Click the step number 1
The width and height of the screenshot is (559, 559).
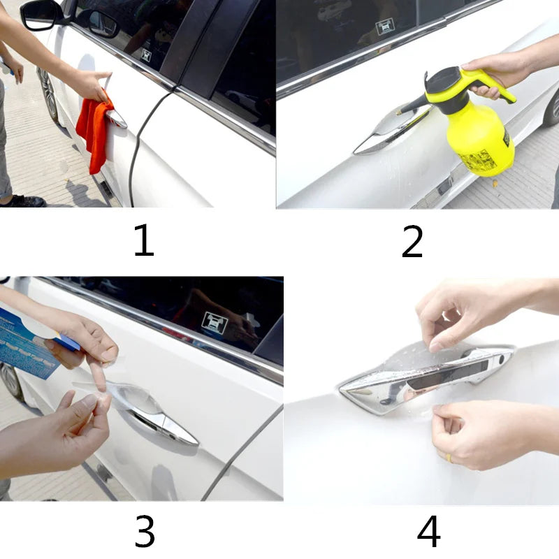coord(143,241)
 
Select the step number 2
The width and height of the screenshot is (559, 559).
coord(412,242)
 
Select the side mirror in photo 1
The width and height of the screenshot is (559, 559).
coord(42,14)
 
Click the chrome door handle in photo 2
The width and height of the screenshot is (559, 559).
coord(384,133)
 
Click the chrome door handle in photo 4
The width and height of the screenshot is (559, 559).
coord(426,377)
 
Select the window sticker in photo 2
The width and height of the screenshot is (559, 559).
coord(385,27)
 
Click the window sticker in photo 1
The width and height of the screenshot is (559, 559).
coord(146,55)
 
